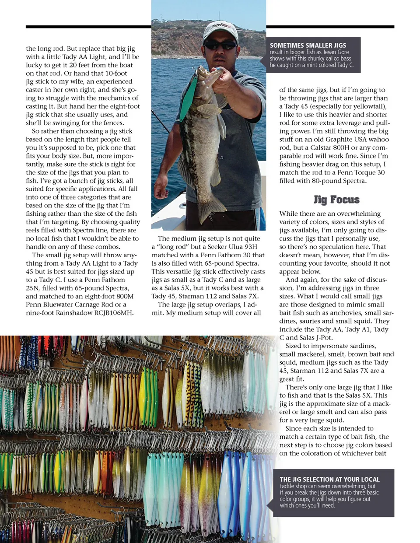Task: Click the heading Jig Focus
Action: click(x=336, y=200)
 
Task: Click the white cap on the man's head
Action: click(x=221, y=31)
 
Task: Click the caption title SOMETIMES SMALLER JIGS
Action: click(x=308, y=45)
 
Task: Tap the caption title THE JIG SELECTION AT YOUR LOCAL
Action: click(x=329, y=479)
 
